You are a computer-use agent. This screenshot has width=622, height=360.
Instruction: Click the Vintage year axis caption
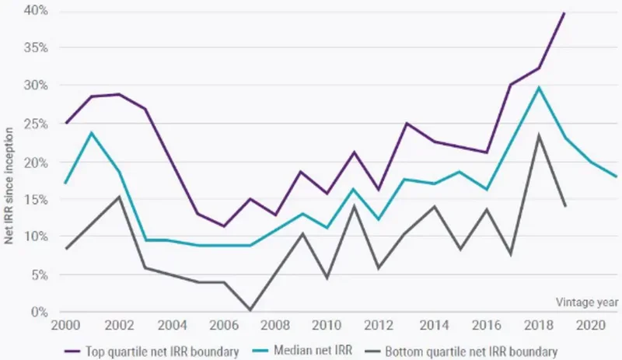[x=587, y=301]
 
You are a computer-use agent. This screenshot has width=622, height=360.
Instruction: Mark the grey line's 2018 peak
[x=538, y=135]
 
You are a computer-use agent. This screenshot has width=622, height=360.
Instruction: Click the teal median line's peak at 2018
[x=538, y=87]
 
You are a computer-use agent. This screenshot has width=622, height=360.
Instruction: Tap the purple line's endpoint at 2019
[x=564, y=12]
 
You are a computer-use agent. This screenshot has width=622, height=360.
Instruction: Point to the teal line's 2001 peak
[x=93, y=132]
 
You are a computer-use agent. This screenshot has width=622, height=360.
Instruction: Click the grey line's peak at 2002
[x=119, y=197]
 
